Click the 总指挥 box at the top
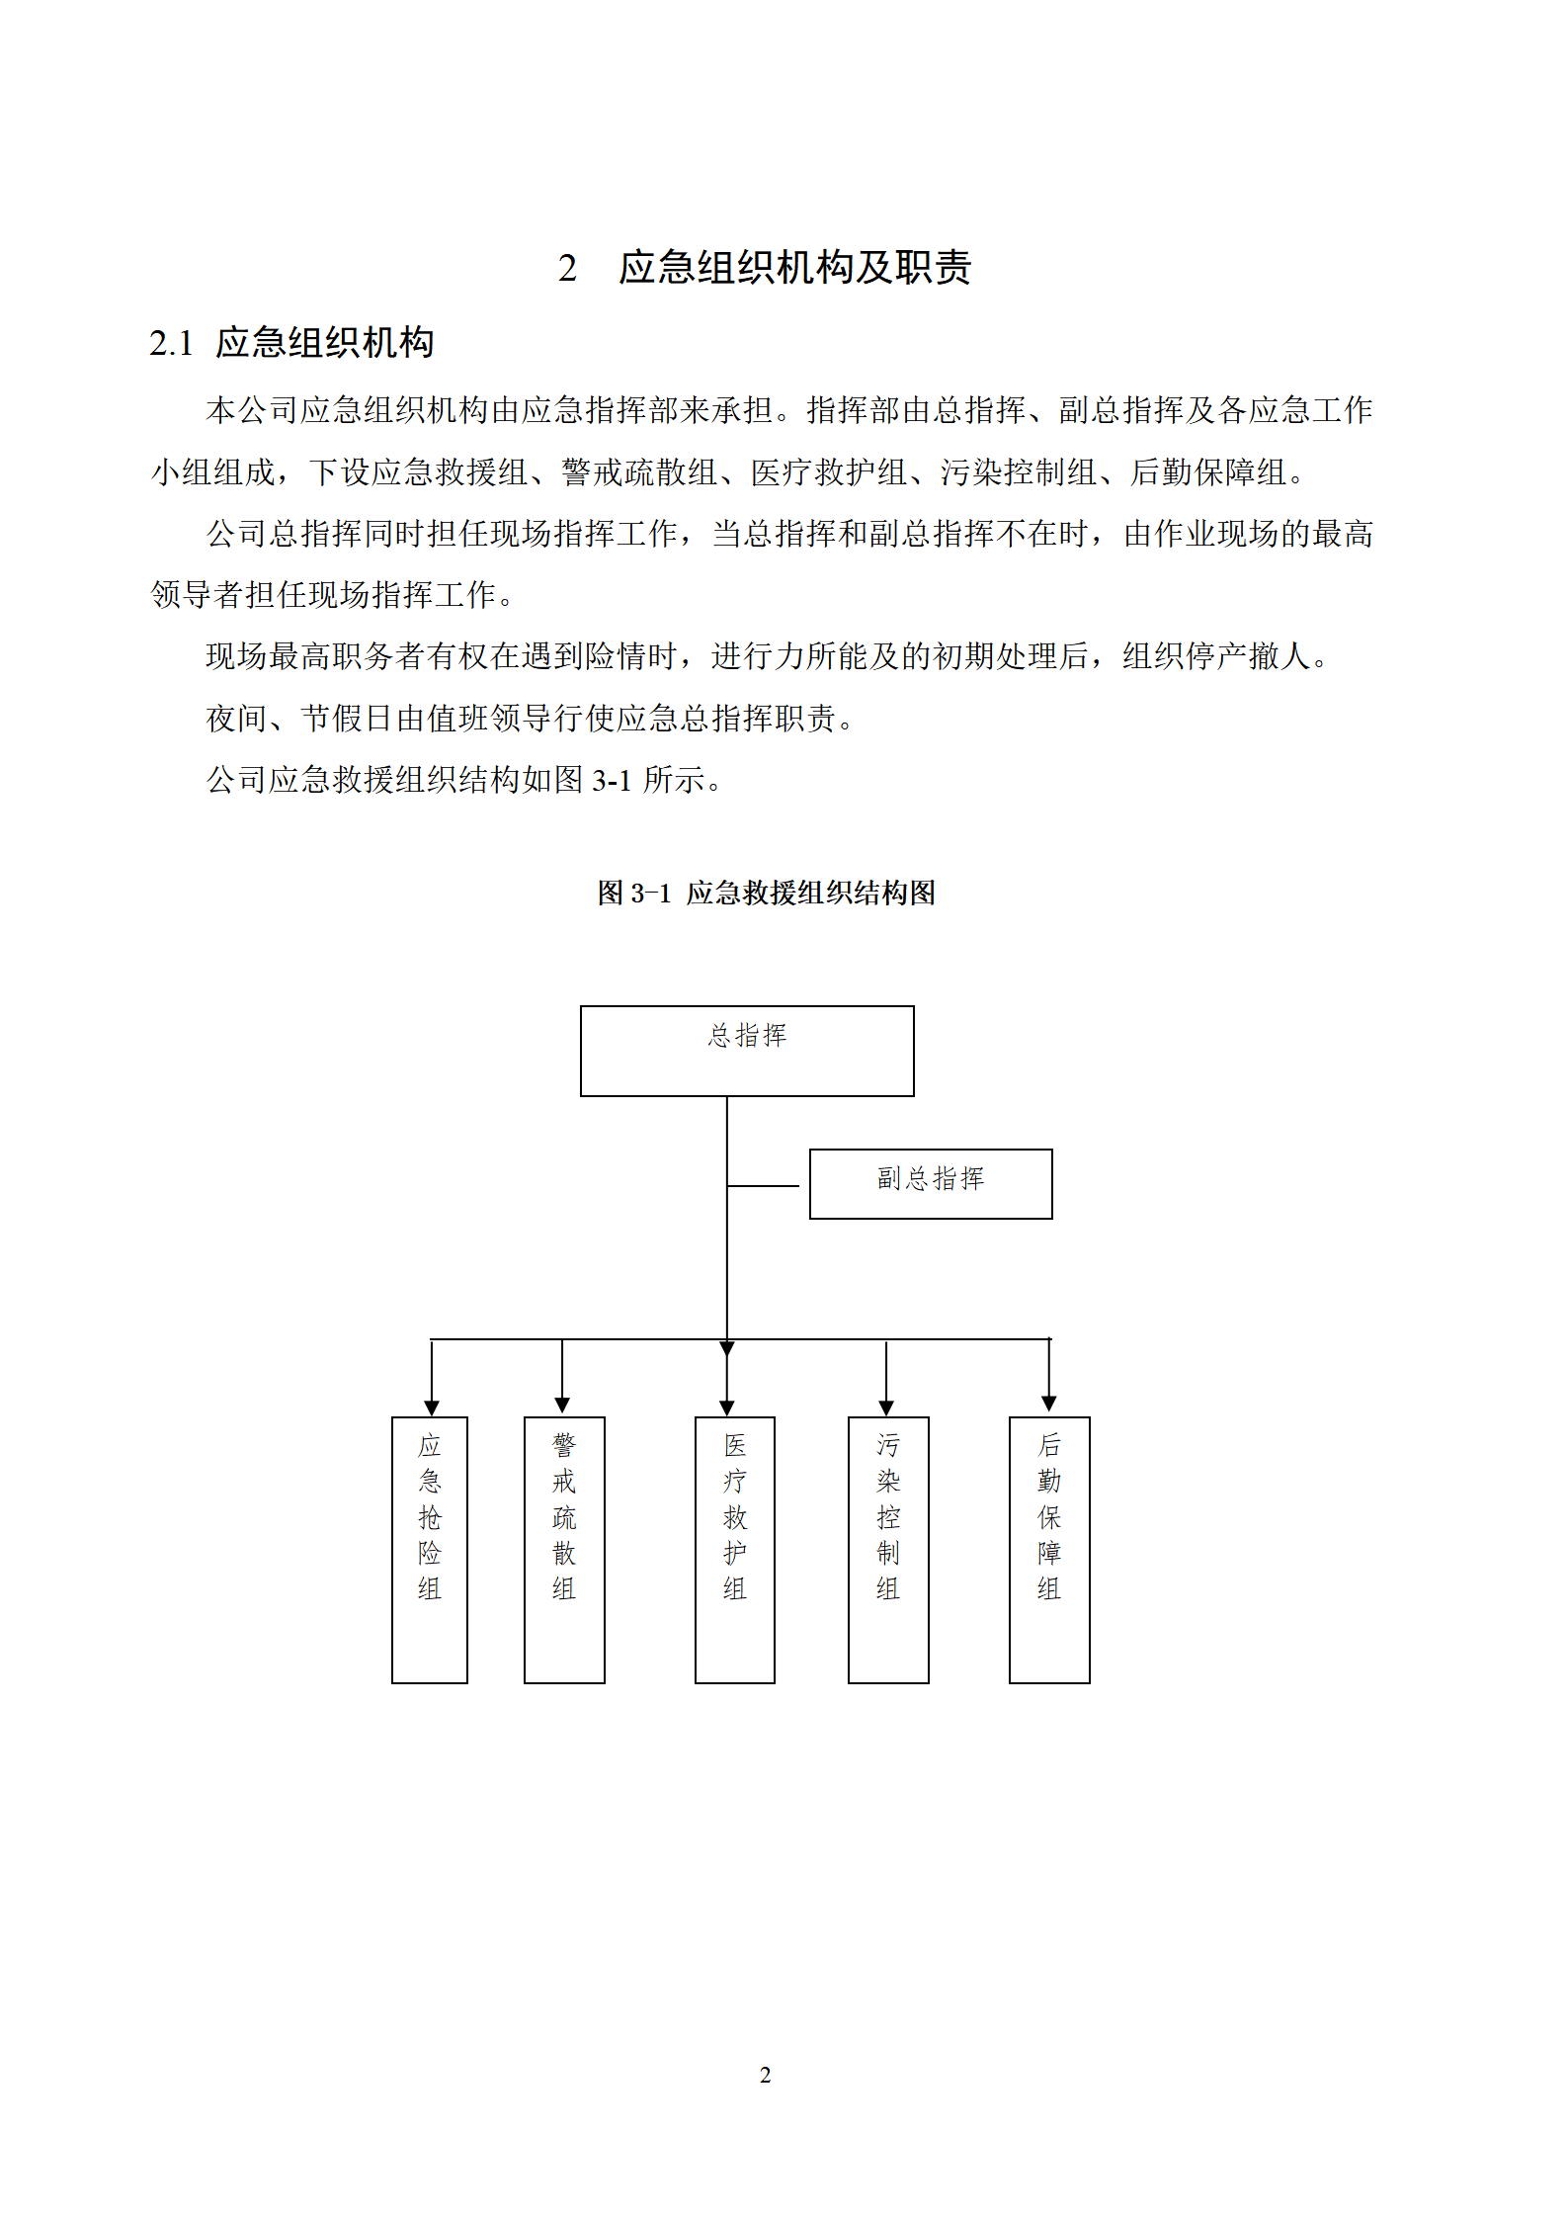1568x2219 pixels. pos(747,1051)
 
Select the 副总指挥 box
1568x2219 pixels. pos(931,1183)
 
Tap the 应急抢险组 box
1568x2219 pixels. pos(430,1550)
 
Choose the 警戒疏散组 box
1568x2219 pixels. pos(564,1550)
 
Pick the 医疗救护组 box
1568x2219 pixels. pos(735,1550)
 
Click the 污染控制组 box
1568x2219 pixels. pos(888,1550)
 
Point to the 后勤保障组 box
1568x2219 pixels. pos(1049,1550)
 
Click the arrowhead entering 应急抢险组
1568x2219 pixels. pos(431,1408)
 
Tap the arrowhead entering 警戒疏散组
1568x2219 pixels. pos(562,1405)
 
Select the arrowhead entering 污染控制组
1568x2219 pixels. pos(886,1408)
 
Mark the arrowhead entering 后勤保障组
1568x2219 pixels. pos(1049,1404)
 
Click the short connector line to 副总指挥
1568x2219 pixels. pos(763,1185)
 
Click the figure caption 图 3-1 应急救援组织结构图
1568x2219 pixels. pos(766,893)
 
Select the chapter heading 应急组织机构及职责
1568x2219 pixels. pos(795,267)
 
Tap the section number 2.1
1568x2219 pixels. pos(171,343)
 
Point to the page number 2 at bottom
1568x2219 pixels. pos(765,2075)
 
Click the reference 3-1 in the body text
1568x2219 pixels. pos(612,780)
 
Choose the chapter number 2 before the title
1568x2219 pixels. pos(567,268)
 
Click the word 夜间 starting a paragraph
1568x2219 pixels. pos(237,719)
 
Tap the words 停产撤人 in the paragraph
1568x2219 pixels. pos(1248,656)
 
